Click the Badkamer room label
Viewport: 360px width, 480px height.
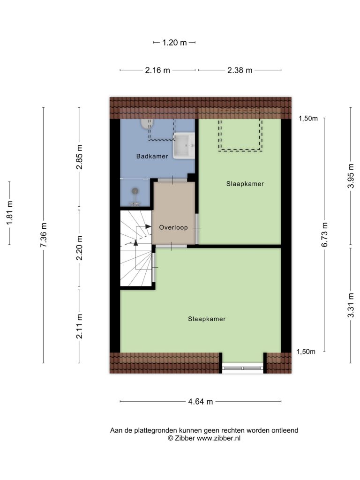tap(152, 157)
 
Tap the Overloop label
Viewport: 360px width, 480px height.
tap(173, 227)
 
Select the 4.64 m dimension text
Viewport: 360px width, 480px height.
tap(201, 402)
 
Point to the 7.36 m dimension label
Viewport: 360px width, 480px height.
tap(44, 235)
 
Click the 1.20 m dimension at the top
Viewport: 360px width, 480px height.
tap(174, 43)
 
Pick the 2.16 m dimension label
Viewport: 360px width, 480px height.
tap(157, 70)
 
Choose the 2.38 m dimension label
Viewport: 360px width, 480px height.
tap(240, 70)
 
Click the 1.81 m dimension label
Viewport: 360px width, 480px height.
tap(10, 213)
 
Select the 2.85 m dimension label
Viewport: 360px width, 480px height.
tap(80, 157)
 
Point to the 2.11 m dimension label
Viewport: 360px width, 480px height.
tap(80, 326)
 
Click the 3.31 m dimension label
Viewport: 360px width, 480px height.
tap(351, 305)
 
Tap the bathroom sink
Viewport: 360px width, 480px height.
tap(184, 145)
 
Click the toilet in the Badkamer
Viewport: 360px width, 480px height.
tap(147, 123)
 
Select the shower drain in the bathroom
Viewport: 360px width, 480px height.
tap(135, 191)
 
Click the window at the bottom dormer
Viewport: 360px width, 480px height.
tap(243, 368)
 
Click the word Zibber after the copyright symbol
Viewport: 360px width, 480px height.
tap(185, 438)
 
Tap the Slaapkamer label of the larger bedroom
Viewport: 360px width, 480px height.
tap(207, 319)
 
